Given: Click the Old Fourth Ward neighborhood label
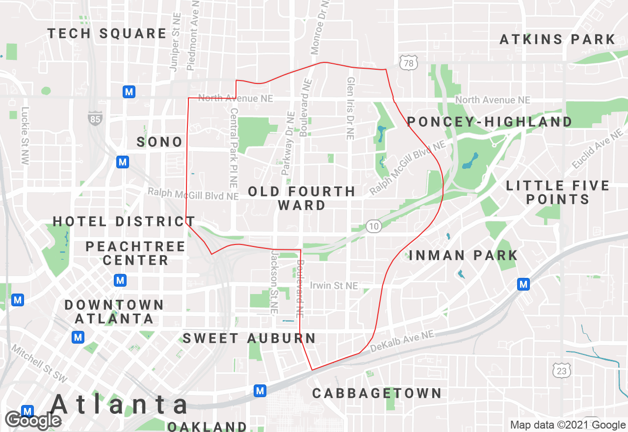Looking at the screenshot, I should pos(302,198).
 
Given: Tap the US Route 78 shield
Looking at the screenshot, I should pos(408,62).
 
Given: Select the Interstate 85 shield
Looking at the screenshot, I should pos(96,118).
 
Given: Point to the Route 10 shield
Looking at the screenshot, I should pos(374,226).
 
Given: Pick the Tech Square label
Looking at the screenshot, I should pos(107,34).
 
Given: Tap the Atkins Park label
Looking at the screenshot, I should pos(557,39).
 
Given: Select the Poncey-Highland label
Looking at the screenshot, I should pos(490,122).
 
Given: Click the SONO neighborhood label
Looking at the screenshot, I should pos(159,142).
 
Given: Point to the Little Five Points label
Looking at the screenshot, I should pos(558,192).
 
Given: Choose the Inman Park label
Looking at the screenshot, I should pos(463,255).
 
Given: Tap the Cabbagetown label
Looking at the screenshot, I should pos(377,393).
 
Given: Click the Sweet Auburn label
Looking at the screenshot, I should pos(249,338).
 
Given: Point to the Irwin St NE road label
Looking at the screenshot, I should pos(334,285).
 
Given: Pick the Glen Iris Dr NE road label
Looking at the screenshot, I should pos(350,108).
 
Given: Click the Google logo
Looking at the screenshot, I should pos(33,420).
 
